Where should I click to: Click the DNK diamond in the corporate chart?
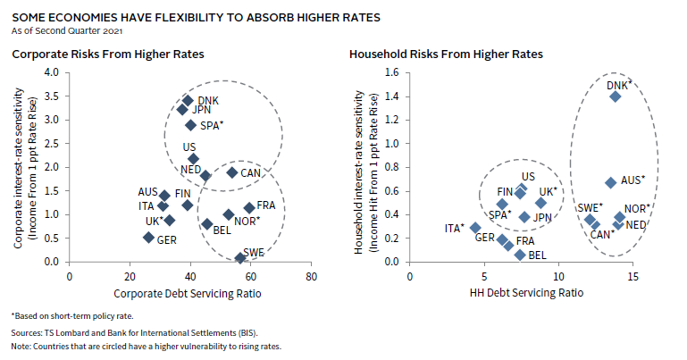coord(188,101)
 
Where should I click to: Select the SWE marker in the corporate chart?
coord(239,258)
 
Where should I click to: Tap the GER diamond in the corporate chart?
coord(148,237)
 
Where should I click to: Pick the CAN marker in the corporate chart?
coord(231,172)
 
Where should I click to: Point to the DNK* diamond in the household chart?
coord(615,96)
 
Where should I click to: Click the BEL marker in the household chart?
coord(520,255)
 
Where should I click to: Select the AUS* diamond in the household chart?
coord(610,182)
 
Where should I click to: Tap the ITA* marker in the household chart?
coord(476,228)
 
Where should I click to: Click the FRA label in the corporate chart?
coord(266,206)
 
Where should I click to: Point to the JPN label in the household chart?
coord(542,217)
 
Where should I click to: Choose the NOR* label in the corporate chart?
coord(247,221)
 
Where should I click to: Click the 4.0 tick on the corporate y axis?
coord(52,72)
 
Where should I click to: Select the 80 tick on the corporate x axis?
coord(310,276)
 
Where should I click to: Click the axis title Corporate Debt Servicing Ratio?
coord(189,292)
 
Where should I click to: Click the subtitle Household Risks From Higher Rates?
coord(447,54)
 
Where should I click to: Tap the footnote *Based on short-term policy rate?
coord(72,317)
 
